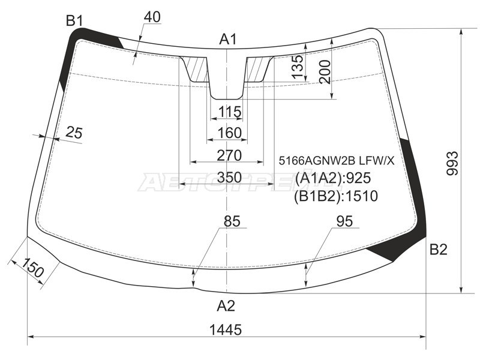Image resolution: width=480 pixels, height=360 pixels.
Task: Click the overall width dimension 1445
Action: pyautogui.click(x=226, y=329)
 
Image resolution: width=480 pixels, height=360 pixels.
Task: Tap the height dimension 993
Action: pyautogui.click(x=452, y=163)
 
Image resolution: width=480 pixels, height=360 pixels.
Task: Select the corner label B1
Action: pyautogui.click(x=74, y=21)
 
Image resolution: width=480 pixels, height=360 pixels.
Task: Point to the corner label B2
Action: pyautogui.click(x=439, y=250)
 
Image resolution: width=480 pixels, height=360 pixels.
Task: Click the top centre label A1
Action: pyautogui.click(x=228, y=40)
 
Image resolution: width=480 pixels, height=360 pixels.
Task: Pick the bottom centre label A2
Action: pyautogui.click(x=226, y=305)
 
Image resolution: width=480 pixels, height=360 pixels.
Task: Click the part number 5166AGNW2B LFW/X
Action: pyautogui.click(x=337, y=160)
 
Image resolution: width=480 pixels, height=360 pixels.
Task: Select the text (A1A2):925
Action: pyautogui.click(x=333, y=178)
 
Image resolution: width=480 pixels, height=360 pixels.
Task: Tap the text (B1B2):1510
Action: pyautogui.click(x=336, y=196)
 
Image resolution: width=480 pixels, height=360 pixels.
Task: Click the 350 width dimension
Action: pyautogui.click(x=230, y=178)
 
